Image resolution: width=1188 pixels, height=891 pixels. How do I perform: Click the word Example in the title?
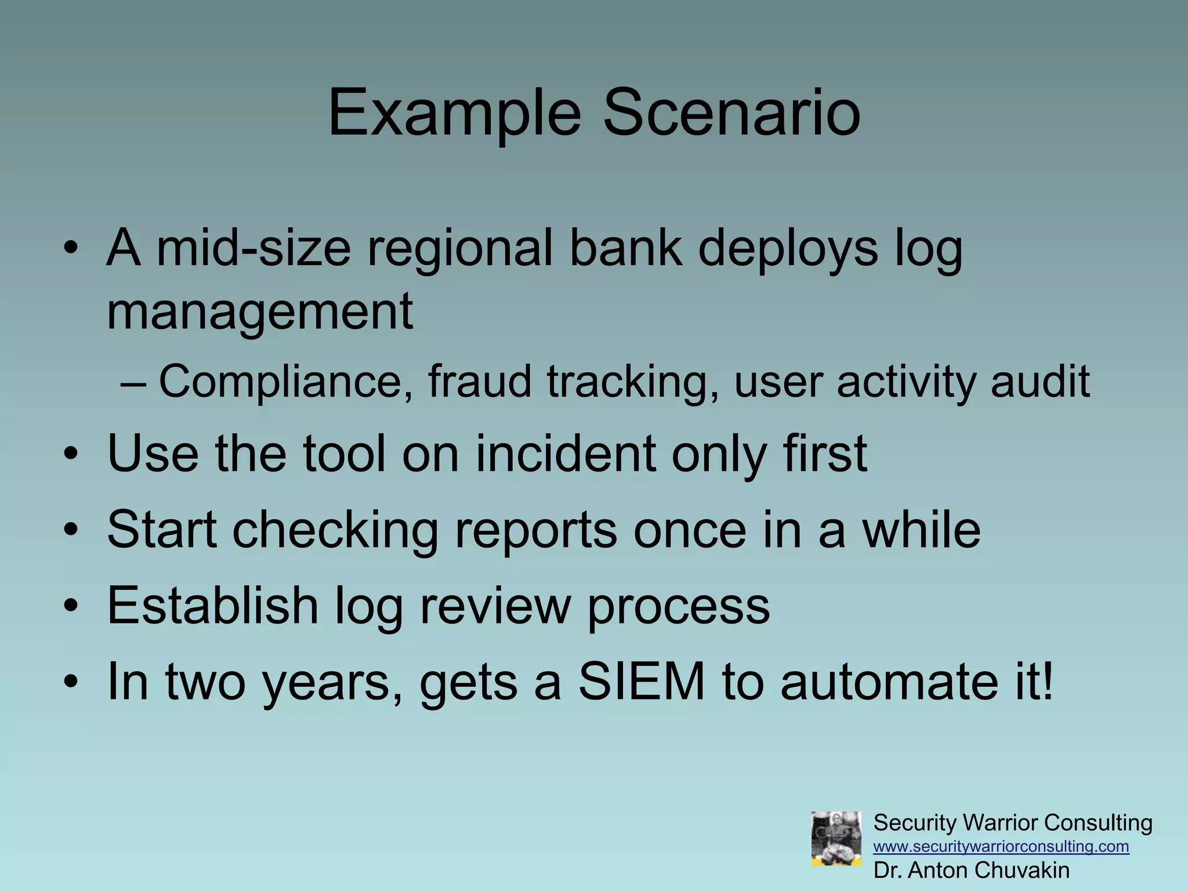pos(454,113)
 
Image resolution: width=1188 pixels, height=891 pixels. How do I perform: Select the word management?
pos(260,312)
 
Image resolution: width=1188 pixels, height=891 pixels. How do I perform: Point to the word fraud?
pos(479,382)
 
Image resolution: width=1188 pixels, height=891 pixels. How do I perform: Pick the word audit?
pos(1040,382)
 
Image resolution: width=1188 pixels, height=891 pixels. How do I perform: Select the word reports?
pos(536,531)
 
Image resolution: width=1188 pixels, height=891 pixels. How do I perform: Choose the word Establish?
pos(212,606)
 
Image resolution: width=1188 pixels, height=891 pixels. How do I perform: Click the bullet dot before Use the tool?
pos(71,455)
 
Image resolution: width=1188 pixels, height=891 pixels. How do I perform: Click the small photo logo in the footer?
pos(836,839)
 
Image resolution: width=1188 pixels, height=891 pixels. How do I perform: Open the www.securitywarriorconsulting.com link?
pos(1001,846)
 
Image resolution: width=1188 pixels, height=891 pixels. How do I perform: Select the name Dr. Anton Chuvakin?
pos(971,870)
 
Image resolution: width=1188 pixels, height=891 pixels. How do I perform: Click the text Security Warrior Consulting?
pos(1012,823)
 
